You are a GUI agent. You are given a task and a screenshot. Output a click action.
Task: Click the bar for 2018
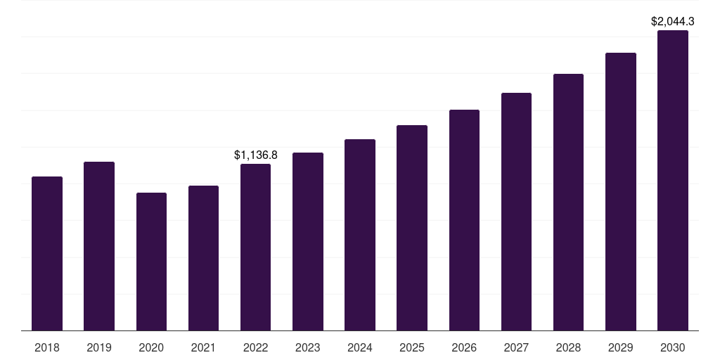coord(47,253)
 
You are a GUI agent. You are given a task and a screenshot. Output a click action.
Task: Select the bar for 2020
coord(151,262)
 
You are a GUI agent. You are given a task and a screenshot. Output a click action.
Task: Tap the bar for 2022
coord(255,247)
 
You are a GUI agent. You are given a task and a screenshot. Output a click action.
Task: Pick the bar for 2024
coord(360,235)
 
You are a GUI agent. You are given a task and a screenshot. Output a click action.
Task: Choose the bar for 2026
coord(464,220)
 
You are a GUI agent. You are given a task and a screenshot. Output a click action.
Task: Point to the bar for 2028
coord(568,202)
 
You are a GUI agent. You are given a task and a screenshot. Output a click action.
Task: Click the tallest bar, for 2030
coord(673,180)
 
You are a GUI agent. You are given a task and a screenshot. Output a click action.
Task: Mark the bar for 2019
coord(99,246)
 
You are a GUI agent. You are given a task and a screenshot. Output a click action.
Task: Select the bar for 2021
coord(203,258)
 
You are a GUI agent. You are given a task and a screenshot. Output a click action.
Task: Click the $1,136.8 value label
coord(256,155)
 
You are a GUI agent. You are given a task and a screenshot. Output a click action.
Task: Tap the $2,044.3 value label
coord(673,22)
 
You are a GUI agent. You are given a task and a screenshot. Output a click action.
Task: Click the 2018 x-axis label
coord(47,347)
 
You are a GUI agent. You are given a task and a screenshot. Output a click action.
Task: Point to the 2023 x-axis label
coord(308,347)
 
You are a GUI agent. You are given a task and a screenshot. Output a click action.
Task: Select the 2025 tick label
coord(412,347)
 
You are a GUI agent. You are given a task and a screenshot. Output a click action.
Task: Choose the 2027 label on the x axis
coord(516,347)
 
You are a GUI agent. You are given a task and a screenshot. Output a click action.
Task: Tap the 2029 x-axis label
coord(621,347)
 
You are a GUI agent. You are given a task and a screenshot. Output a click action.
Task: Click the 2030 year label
coord(673,347)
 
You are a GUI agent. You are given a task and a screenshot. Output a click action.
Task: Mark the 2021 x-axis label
coord(203,347)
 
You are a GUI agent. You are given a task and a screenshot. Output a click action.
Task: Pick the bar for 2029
coord(621,191)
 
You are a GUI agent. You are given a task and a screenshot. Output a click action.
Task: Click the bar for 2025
coord(412,228)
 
